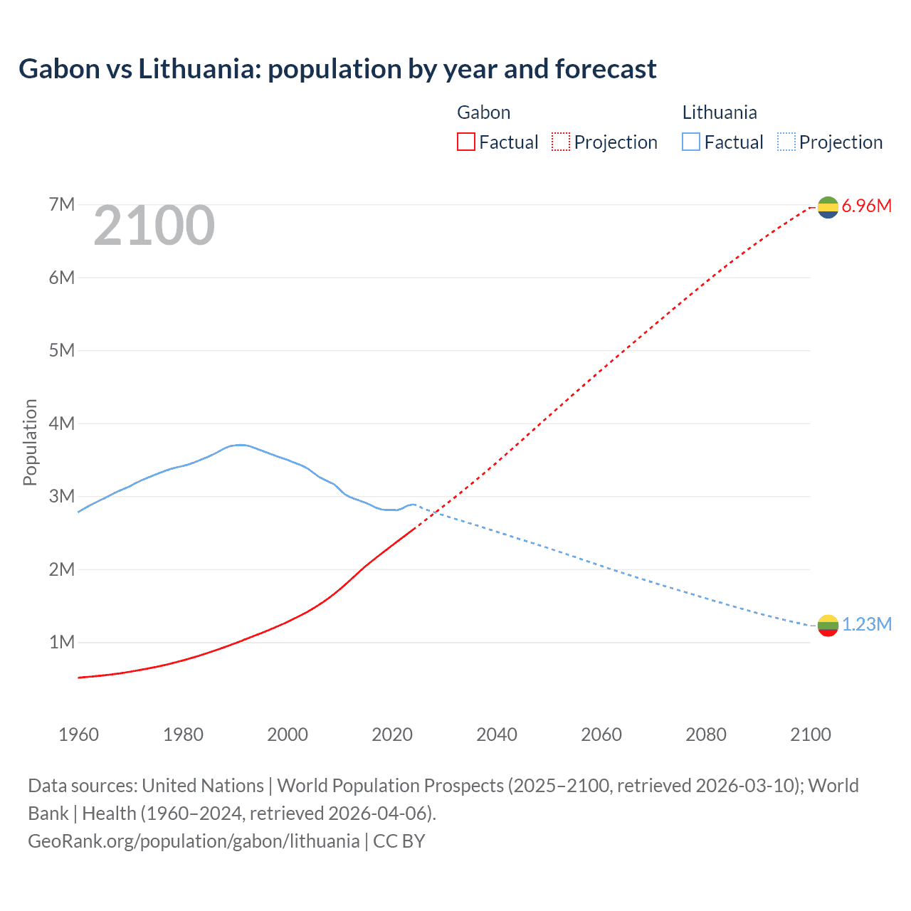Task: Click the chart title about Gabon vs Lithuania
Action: coord(337,69)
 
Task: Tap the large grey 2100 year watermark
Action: coord(154,226)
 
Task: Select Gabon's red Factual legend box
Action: coord(465,142)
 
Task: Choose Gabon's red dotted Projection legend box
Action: coord(561,142)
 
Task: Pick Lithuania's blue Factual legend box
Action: coord(691,142)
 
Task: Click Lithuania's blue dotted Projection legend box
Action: coord(786,142)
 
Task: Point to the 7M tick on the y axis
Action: coord(62,205)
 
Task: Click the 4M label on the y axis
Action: coord(62,423)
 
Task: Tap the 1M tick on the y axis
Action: coord(62,642)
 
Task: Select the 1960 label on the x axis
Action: coord(78,734)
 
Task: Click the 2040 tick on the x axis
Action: coord(497,734)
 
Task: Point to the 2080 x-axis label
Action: coord(706,734)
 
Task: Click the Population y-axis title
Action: coord(30,442)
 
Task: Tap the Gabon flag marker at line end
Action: coord(828,207)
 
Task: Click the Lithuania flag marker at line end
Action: coord(828,626)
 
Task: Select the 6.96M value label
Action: coord(866,206)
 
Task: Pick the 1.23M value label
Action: coord(866,625)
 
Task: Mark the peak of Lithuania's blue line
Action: coord(241,445)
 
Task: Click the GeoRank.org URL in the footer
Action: coord(194,841)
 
